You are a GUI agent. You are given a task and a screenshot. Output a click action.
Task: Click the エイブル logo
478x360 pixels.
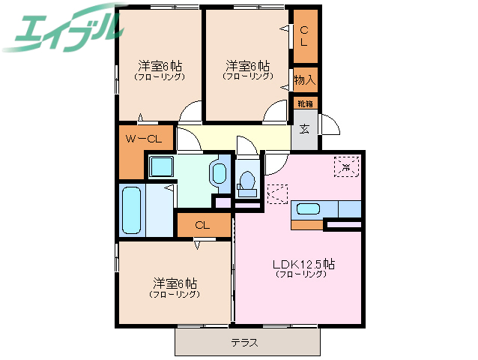click(x=63, y=28)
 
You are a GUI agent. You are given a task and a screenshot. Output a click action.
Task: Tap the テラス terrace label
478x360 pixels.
click(x=245, y=343)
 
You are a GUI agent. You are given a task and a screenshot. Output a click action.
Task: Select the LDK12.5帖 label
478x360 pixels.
click(x=303, y=264)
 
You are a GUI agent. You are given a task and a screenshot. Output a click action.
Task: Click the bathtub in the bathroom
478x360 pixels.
click(x=132, y=209)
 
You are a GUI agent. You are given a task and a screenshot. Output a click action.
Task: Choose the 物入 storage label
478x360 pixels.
click(x=304, y=79)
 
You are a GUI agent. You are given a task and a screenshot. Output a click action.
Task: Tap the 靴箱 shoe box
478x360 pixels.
click(x=304, y=103)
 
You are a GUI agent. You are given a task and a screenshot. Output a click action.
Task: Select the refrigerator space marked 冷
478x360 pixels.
click(x=346, y=166)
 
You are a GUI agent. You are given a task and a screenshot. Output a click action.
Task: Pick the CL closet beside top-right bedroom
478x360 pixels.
click(x=304, y=36)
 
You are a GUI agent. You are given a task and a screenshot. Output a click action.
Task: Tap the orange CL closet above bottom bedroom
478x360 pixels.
click(x=203, y=225)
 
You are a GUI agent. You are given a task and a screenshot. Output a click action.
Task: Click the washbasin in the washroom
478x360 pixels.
click(x=218, y=173)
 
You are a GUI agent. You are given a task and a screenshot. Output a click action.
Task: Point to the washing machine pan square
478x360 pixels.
click(x=160, y=166)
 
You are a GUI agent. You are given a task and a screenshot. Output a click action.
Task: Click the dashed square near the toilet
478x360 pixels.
click(x=276, y=194)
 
